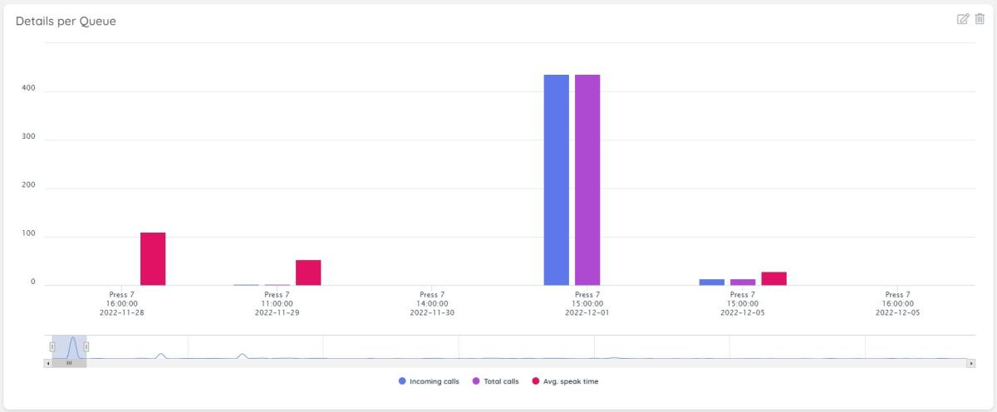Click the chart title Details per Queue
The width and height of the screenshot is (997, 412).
point(66,22)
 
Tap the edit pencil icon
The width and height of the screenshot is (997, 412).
point(963,19)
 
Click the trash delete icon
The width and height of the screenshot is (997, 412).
point(980,19)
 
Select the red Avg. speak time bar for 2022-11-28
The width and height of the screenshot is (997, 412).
point(153,259)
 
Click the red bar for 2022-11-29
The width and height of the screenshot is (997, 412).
point(308,272)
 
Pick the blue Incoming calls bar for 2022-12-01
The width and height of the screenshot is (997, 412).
point(557,180)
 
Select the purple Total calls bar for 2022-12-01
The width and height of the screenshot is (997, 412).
point(587,180)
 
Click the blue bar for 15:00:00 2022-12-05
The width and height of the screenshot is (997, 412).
point(712,282)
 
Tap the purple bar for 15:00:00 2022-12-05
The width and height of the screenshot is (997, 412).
point(743,282)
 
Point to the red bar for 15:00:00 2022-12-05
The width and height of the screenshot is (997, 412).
point(774,279)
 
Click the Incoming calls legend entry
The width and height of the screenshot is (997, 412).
point(429,382)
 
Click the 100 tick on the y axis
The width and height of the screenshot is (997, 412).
point(31,236)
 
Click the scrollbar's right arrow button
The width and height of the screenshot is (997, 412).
point(971,363)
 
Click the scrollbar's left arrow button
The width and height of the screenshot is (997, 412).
point(47,363)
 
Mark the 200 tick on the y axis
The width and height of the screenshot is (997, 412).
point(31,187)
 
